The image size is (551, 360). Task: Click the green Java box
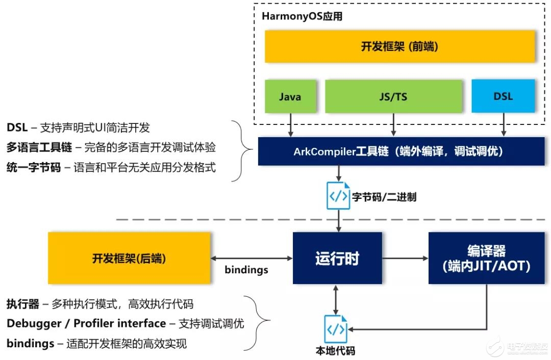click(290, 96)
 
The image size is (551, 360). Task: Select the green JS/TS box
click(394, 96)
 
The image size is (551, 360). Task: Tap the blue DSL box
click(503, 96)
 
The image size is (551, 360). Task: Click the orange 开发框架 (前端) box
click(399, 46)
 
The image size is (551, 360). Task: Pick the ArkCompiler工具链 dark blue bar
click(398, 151)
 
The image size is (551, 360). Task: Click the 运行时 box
click(337, 258)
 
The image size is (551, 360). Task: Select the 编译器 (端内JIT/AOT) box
click(486, 258)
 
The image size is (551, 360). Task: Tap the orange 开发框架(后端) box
click(129, 258)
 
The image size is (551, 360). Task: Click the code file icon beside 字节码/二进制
click(338, 195)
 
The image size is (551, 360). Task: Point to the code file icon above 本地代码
click(336, 329)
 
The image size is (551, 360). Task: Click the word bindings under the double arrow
click(246, 270)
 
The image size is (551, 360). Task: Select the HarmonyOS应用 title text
click(302, 16)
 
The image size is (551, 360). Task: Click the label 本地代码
click(335, 351)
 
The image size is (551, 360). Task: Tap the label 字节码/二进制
click(384, 196)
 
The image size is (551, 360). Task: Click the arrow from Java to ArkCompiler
click(290, 125)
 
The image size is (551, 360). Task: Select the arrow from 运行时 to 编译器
click(405, 258)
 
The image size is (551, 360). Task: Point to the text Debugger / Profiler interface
click(86, 323)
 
